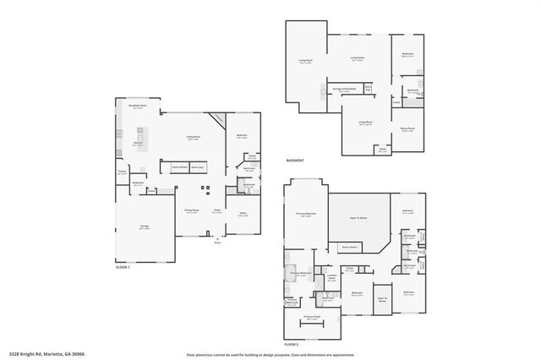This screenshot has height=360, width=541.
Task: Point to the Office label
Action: click(243, 213)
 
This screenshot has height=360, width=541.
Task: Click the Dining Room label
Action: click(193, 210)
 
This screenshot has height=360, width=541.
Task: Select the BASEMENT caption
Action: click(294, 161)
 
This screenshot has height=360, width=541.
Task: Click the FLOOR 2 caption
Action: click(292, 345)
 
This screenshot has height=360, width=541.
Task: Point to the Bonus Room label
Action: click(407, 129)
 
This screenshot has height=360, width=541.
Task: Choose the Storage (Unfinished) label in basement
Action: click(343, 88)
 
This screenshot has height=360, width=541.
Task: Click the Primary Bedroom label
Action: click(306, 214)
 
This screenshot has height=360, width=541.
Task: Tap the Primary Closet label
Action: click(311, 317)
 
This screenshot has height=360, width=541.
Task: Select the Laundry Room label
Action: click(331, 276)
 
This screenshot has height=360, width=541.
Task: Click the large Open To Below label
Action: click(359, 218)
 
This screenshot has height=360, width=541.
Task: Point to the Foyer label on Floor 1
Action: click(217, 210)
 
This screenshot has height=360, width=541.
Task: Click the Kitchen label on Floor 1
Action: click(137, 145)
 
